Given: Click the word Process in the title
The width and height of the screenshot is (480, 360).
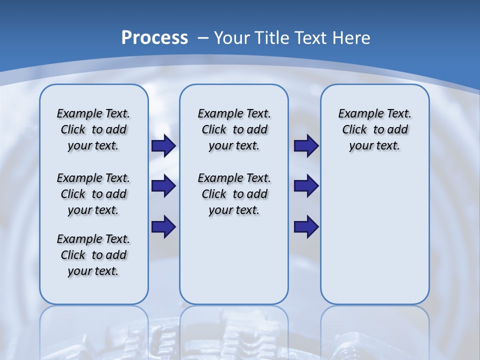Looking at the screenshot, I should click(x=154, y=38).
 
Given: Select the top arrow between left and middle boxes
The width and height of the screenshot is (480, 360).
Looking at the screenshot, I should click(x=163, y=146).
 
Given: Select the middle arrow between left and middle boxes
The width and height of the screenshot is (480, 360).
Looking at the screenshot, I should click(x=163, y=186).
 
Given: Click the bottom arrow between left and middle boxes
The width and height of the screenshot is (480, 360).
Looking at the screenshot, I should click(x=163, y=226).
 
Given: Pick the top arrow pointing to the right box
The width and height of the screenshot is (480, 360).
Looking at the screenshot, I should click(x=306, y=146).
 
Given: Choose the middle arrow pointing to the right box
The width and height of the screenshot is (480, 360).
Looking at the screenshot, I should click(x=306, y=186).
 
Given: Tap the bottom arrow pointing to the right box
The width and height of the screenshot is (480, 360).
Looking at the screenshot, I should click(x=306, y=226).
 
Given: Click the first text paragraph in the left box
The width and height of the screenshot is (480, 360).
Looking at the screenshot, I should click(x=93, y=130).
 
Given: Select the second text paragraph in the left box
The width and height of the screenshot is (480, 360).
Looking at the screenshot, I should click(x=93, y=194).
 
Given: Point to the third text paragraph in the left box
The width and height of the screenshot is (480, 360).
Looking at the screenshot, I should click(x=93, y=255).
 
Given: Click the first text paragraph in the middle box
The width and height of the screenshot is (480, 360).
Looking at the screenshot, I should click(x=234, y=130).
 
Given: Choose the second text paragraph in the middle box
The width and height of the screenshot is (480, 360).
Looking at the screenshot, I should click(x=234, y=194).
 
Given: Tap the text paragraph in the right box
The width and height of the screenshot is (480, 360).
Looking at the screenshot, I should click(x=375, y=130).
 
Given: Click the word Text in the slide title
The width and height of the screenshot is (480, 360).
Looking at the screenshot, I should click(x=310, y=38).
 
